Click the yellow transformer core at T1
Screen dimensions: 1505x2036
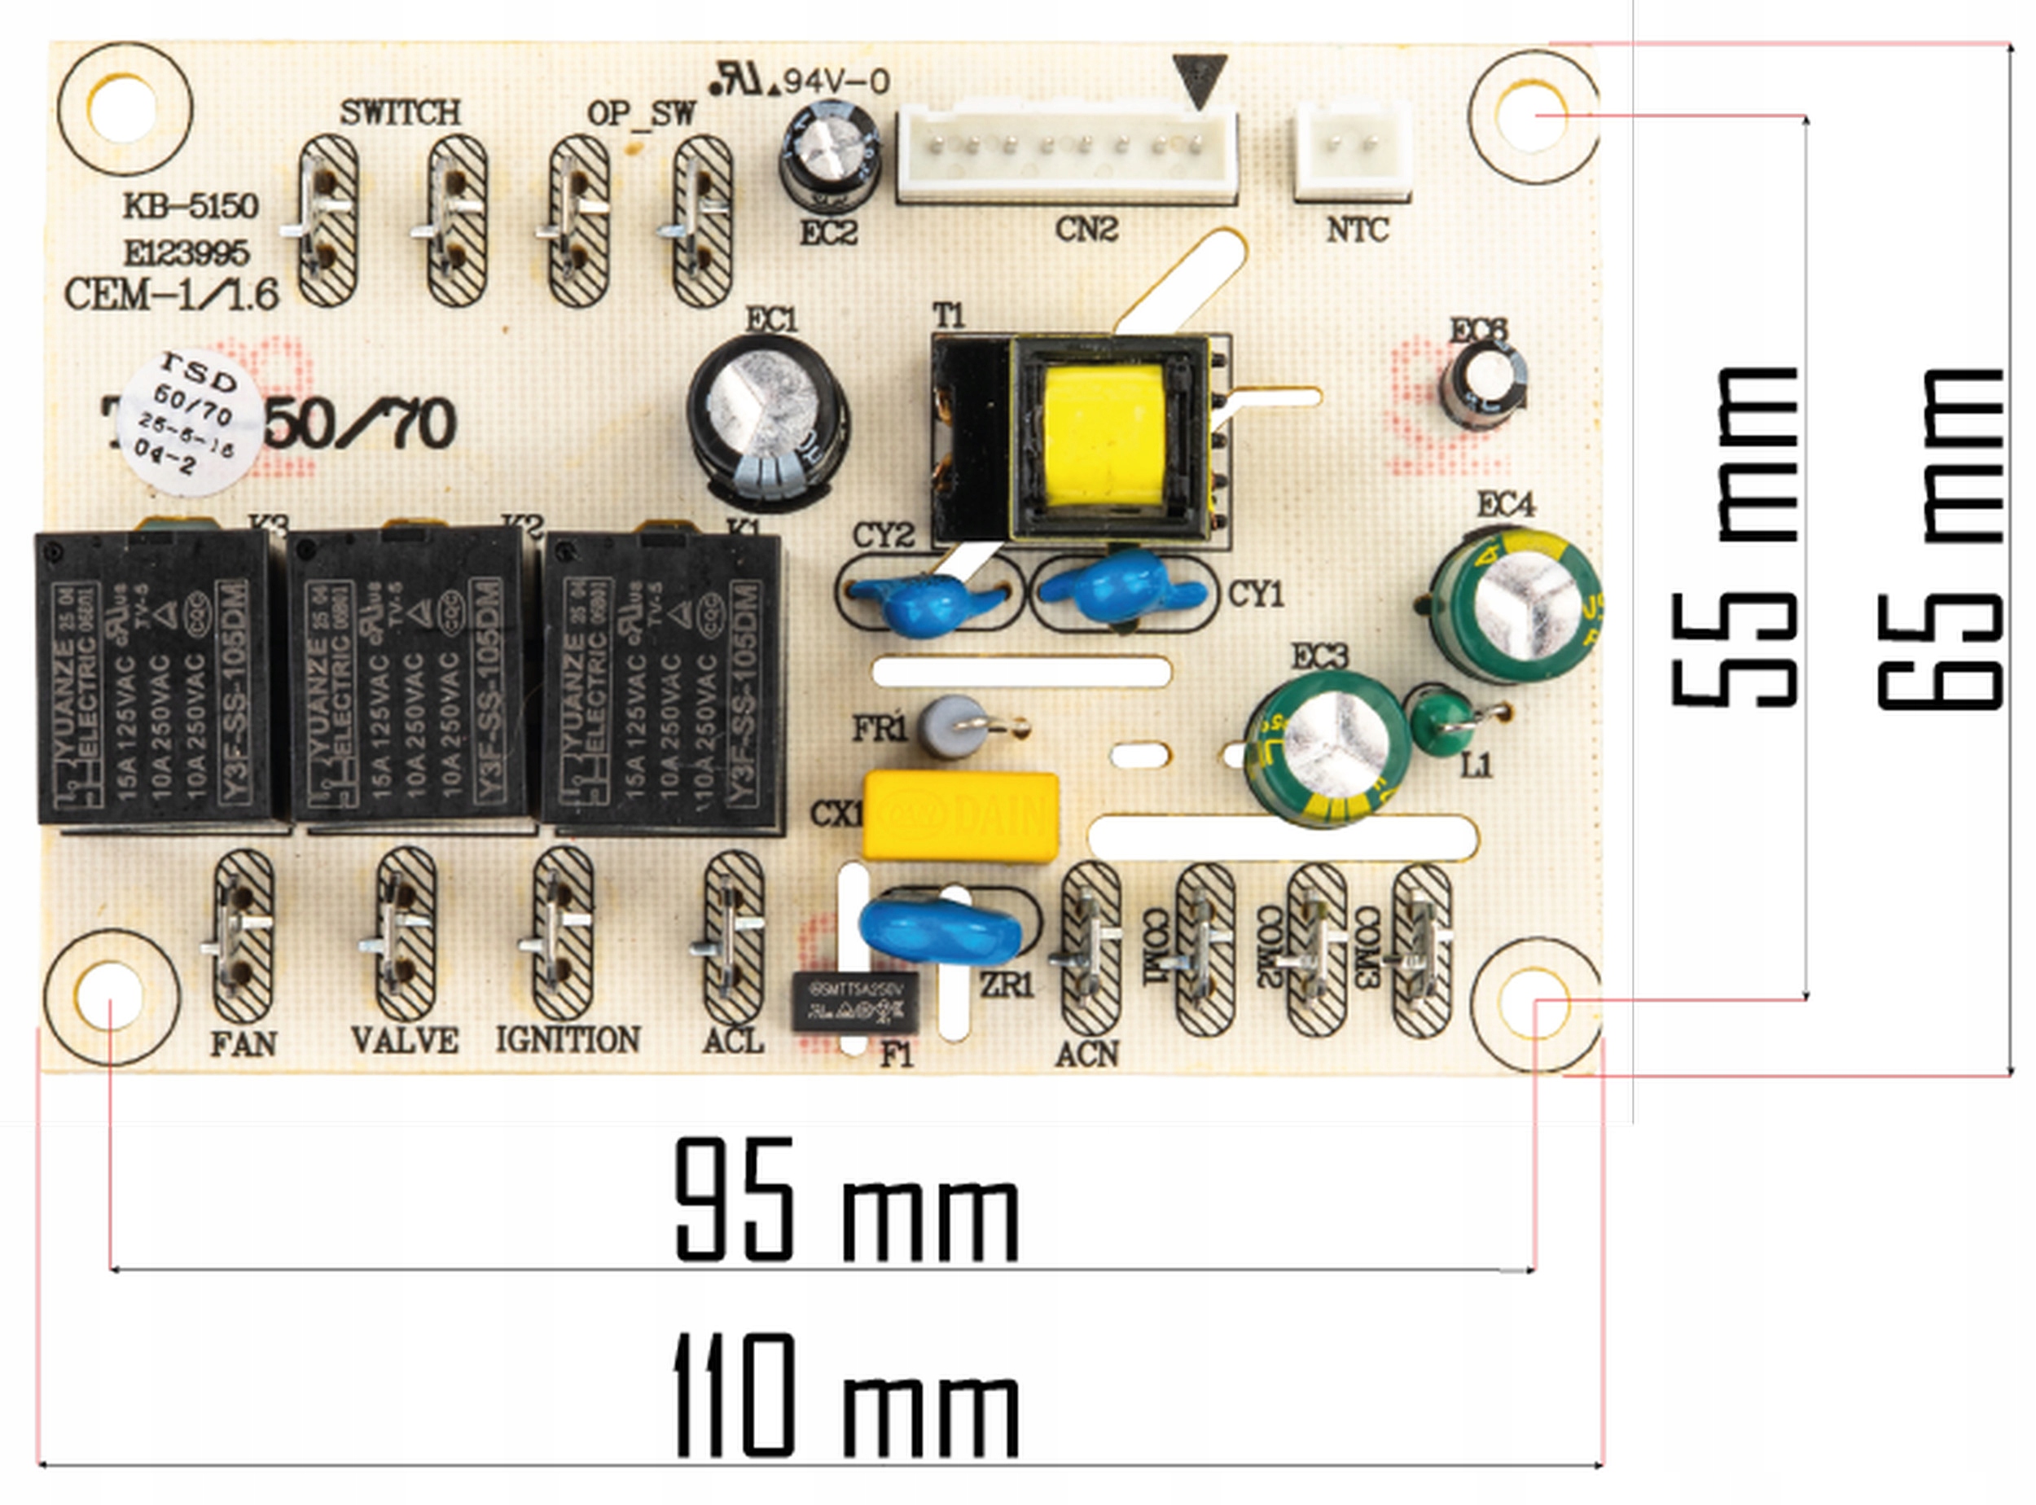(1104, 437)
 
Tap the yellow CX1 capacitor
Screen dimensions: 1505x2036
(960, 815)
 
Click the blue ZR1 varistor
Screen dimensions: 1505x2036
(939, 930)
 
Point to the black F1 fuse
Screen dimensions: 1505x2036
(854, 1003)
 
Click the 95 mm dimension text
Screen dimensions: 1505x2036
(846, 1203)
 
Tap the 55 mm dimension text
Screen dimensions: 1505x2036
(1735, 537)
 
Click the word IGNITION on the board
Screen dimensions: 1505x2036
(568, 1039)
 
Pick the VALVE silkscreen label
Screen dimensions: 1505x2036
(405, 1040)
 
